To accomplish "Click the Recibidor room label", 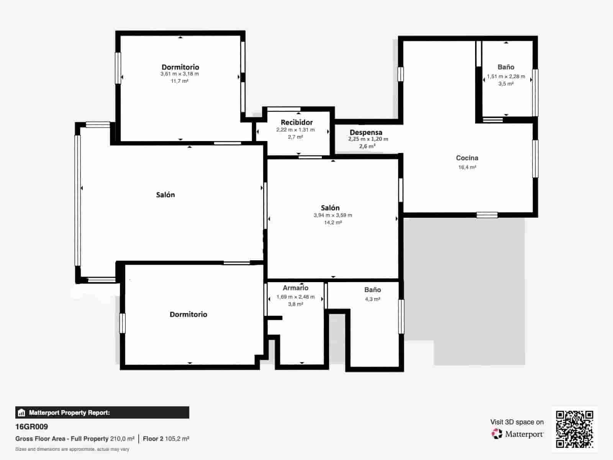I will click(297, 122).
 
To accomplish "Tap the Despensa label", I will click(366, 133).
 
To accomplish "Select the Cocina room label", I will click(467, 158).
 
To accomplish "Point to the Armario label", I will click(295, 288).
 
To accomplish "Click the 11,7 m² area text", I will click(179, 81).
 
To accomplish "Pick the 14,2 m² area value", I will click(333, 222).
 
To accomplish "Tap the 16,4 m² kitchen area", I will click(467, 167).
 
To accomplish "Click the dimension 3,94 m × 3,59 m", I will click(333, 215).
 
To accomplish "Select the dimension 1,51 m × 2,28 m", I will click(506, 77).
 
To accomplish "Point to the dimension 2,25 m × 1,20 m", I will click(368, 139).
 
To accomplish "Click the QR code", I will click(574, 429).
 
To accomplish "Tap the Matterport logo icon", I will click(497, 434).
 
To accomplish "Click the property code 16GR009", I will click(31, 427).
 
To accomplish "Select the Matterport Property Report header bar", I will click(102, 412).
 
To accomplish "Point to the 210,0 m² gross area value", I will click(122, 439).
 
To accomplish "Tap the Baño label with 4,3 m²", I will click(372, 290).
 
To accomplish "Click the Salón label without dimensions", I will click(165, 195).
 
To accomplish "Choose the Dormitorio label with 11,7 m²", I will click(180, 67).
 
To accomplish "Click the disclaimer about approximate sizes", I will click(72, 449).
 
